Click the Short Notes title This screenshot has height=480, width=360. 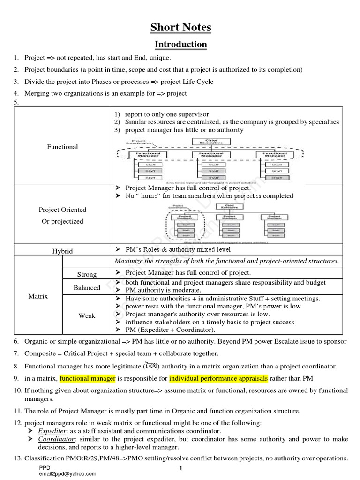pos(180,28)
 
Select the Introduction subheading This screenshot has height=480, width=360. pos(181,45)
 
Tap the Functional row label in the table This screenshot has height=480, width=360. pos(62,147)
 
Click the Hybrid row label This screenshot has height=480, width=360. pos(62,251)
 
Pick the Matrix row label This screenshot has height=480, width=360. pos(37,296)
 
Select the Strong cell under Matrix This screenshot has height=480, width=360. pos(87,274)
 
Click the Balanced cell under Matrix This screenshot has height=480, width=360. pos(87,287)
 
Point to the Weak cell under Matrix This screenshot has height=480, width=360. pos(87,315)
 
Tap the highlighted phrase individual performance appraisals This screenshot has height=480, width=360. pos(218,378)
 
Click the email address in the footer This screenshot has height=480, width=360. pos(68,473)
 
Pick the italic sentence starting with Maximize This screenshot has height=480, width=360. pos(226,261)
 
